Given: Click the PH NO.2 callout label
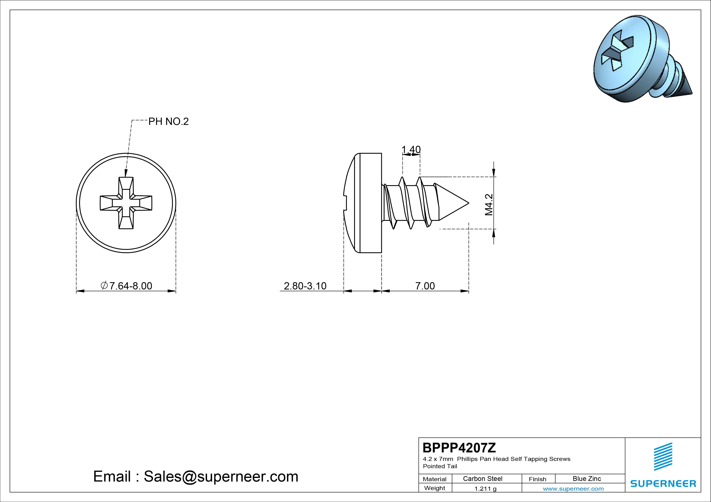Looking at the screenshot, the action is tap(168, 122).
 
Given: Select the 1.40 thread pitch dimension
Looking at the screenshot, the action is tap(411, 150).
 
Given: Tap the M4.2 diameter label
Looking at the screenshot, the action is tap(489, 205).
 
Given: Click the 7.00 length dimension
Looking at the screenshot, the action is tap(425, 286).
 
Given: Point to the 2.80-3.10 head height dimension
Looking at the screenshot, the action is tap(305, 286).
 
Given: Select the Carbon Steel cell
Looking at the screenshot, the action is tap(482, 479).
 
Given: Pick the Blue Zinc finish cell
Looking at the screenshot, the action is tap(587, 479).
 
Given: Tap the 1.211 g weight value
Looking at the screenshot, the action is tap(485, 489).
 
